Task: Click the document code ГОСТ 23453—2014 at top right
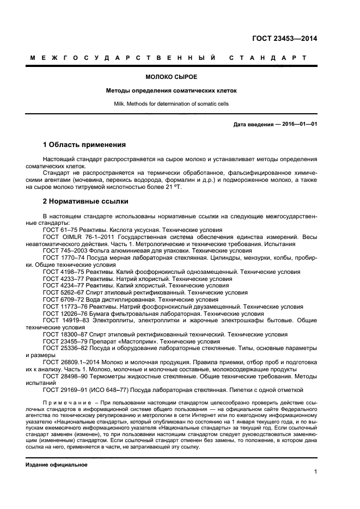[285, 39]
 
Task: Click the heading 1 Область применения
[84, 145]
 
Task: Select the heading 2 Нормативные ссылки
[86, 201]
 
